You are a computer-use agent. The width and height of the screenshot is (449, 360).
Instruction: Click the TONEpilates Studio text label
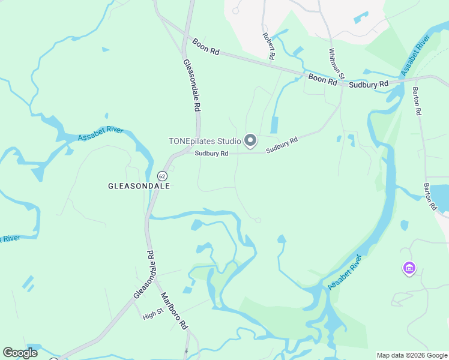pyautogui.click(x=204, y=142)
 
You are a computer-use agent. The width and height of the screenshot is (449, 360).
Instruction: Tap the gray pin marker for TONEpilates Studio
pyautogui.click(x=250, y=141)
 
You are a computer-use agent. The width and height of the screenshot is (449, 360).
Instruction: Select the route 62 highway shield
pyautogui.click(x=162, y=175)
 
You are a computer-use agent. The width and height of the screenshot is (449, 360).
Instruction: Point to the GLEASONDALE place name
pyautogui.click(x=139, y=187)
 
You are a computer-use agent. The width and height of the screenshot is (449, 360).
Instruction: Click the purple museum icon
pyautogui.click(x=410, y=268)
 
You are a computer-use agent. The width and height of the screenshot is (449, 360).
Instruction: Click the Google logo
pyautogui.click(x=20, y=353)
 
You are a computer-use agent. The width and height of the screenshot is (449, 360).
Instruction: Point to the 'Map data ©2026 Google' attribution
pyautogui.click(x=412, y=355)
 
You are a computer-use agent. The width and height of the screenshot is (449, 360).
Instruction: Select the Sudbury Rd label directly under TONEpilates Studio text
pyautogui.click(x=211, y=154)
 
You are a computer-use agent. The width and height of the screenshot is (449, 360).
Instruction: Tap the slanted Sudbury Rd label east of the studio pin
pyautogui.click(x=282, y=145)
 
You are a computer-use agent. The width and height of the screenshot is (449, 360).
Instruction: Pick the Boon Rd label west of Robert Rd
pyautogui.click(x=206, y=47)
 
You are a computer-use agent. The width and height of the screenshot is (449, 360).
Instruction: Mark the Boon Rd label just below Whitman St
pyautogui.click(x=322, y=79)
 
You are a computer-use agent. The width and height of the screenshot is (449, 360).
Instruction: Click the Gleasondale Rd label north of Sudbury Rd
pyautogui.click(x=191, y=86)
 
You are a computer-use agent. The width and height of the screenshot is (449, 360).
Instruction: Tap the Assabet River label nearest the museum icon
pyautogui.click(x=346, y=272)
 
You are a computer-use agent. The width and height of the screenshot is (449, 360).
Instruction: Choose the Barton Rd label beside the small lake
pyautogui.click(x=431, y=196)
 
